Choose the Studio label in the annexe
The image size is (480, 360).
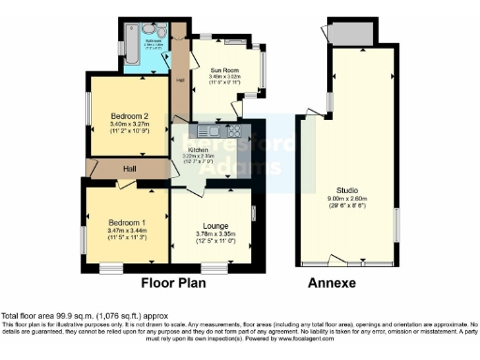(350, 189)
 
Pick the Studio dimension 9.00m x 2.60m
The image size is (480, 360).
(350, 198)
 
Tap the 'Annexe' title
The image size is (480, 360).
(333, 282)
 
